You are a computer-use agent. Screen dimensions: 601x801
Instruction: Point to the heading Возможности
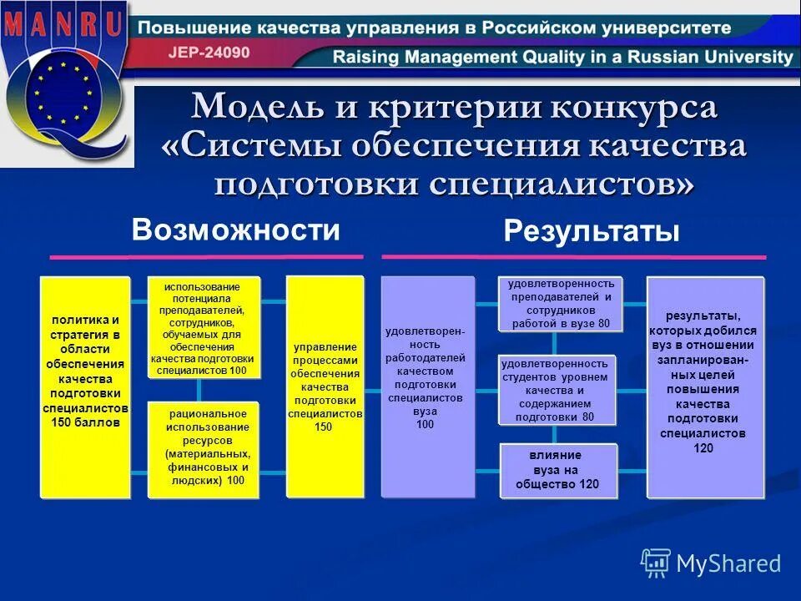pyautogui.click(x=236, y=230)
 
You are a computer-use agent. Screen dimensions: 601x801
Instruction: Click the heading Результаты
pyautogui.click(x=592, y=231)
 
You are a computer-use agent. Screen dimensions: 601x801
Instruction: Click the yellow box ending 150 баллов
pyautogui.click(x=85, y=387)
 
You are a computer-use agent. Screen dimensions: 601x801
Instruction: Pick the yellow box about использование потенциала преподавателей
pyautogui.click(x=204, y=328)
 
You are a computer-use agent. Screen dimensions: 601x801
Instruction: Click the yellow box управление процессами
pyautogui.click(x=325, y=386)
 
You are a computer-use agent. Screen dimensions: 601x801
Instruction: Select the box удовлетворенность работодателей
pyautogui.click(x=427, y=386)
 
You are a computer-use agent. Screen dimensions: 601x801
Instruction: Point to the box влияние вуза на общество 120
pyautogui.click(x=557, y=470)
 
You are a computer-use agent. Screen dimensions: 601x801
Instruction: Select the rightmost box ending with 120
pyautogui.click(x=704, y=387)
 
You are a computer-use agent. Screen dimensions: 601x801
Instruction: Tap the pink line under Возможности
pyautogui.click(x=207, y=256)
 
